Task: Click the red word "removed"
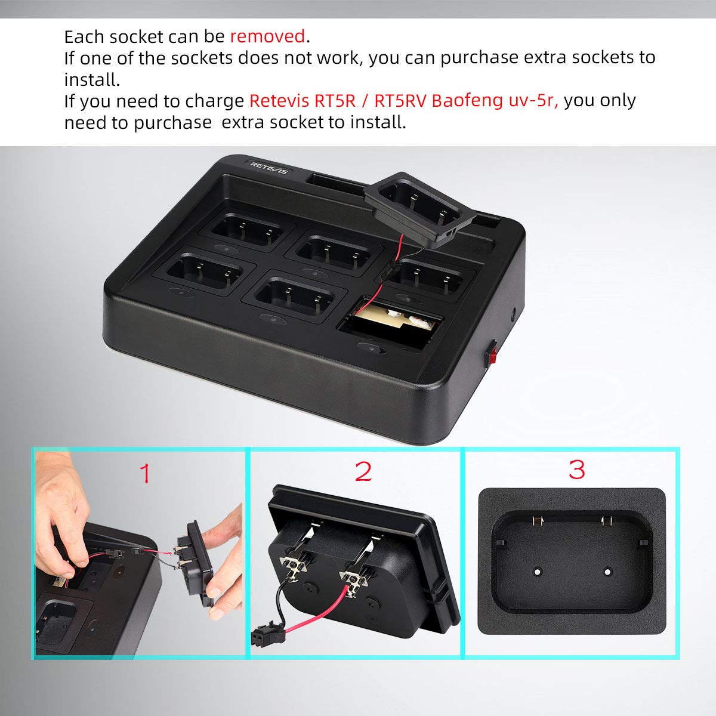pyautogui.click(x=267, y=36)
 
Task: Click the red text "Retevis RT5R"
pyautogui.click(x=301, y=100)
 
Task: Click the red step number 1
pyautogui.click(x=145, y=473)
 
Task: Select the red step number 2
pyautogui.click(x=363, y=471)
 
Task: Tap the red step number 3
pyautogui.click(x=576, y=469)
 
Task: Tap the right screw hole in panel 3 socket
pyautogui.click(x=607, y=571)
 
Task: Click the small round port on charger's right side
pyautogui.click(x=514, y=312)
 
